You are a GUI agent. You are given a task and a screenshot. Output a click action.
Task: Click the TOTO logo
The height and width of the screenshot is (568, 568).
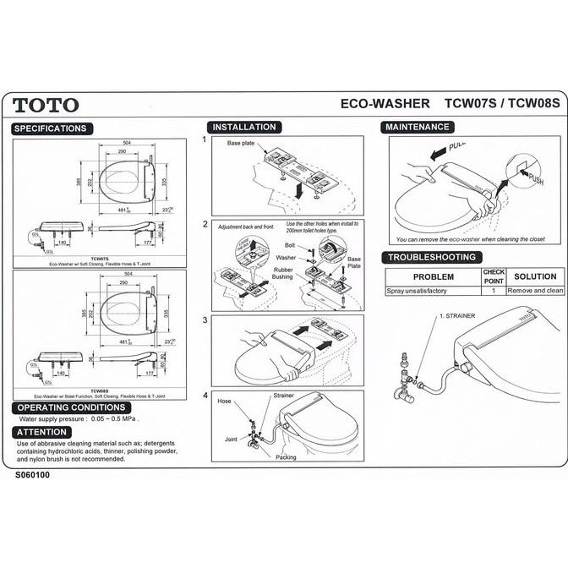click(46, 105)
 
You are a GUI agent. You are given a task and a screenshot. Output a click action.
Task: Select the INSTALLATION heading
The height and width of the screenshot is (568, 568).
click(243, 128)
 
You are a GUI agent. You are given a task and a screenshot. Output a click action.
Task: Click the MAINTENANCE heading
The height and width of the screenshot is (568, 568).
click(418, 127)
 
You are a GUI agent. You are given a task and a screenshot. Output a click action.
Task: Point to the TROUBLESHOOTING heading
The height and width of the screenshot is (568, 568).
click(431, 257)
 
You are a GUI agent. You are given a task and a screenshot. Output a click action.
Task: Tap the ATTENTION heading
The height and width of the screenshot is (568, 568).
click(41, 432)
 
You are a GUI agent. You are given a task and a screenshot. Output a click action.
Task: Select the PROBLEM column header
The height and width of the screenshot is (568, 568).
click(433, 276)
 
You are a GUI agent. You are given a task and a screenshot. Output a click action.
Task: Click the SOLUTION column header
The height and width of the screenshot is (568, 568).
click(534, 276)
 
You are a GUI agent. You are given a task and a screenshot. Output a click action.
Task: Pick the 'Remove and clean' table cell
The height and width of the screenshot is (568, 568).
click(535, 290)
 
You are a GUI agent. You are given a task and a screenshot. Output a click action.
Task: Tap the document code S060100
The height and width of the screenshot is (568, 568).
click(33, 475)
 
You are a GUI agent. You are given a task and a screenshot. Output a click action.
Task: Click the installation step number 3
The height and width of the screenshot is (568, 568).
click(205, 320)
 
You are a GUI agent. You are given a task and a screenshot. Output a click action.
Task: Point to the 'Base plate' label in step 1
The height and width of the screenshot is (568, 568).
click(241, 144)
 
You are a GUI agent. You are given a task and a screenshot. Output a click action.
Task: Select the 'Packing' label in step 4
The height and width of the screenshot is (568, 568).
click(286, 456)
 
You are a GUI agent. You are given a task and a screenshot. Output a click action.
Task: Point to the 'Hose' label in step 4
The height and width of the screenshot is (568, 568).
click(225, 401)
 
